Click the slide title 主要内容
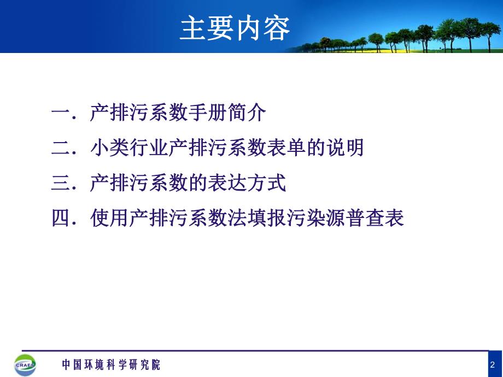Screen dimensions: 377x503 (235, 28)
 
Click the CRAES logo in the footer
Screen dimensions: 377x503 (25, 364)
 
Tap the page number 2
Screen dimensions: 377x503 (493, 364)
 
